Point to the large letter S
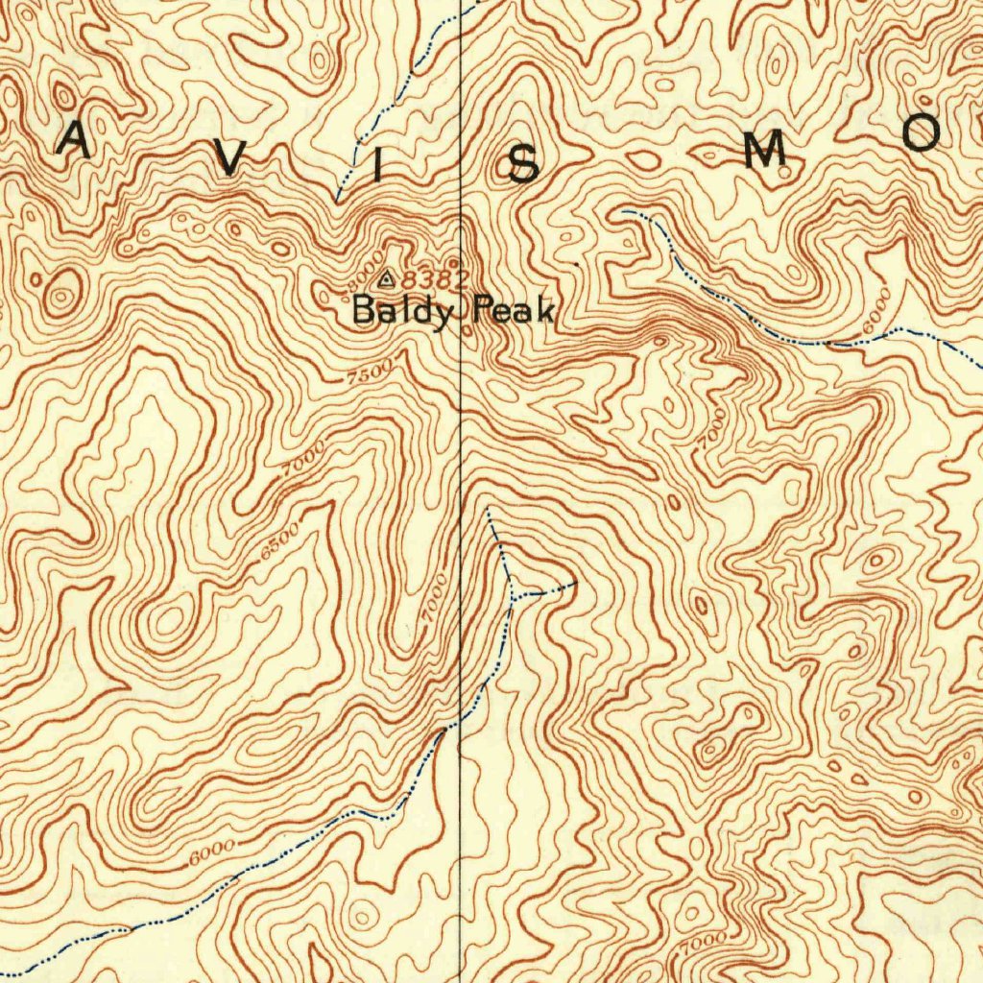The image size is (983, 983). (x=523, y=167)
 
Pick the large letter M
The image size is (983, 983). (x=764, y=151)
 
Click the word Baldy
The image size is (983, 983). (x=402, y=311)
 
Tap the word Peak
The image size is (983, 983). (x=515, y=310)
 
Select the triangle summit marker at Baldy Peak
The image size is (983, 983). (x=386, y=279)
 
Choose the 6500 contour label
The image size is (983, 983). (x=279, y=542)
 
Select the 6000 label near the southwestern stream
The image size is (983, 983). (x=211, y=849)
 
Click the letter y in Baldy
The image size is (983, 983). (x=440, y=315)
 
